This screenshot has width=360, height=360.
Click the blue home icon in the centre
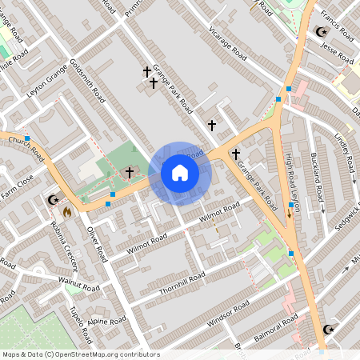click(x=180, y=172)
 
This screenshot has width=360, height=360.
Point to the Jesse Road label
click(x=337, y=51)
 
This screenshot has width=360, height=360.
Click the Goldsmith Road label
click(x=88, y=81)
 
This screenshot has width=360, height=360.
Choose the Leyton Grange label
click(x=49, y=85)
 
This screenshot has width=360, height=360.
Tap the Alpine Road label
click(x=107, y=321)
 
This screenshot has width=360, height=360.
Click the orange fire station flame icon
click(x=67, y=213)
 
